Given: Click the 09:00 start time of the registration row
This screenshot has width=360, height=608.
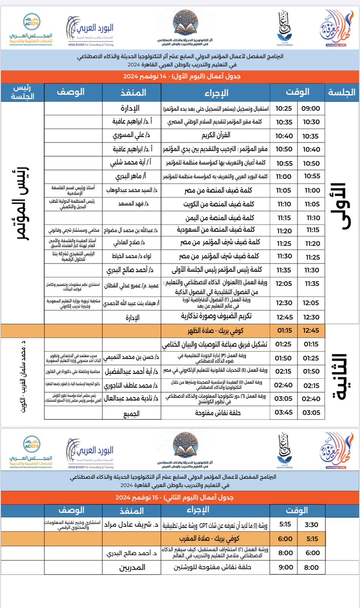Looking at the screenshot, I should [311, 108].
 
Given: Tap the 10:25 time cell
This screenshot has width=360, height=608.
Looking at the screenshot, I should [284, 108].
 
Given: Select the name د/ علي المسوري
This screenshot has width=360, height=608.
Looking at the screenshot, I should [131, 135].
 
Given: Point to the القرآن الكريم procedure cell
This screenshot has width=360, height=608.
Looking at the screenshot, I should [216, 135].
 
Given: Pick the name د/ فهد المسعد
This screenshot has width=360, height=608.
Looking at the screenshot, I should [133, 204].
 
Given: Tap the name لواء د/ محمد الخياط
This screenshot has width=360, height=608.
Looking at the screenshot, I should [131, 256].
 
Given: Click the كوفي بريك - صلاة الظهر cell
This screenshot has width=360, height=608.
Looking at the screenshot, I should [215, 331].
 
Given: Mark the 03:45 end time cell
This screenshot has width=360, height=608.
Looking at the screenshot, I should [284, 412].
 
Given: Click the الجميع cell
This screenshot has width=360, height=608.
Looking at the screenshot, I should [131, 413].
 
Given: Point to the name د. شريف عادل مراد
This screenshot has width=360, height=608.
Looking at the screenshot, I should [131, 525].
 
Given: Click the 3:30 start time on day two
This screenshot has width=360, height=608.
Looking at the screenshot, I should [311, 525].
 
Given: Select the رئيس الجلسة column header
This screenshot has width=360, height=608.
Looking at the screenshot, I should [22, 92].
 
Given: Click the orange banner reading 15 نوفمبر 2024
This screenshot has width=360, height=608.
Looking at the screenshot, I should [180, 497].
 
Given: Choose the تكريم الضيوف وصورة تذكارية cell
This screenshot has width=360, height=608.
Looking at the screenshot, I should [216, 316].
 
